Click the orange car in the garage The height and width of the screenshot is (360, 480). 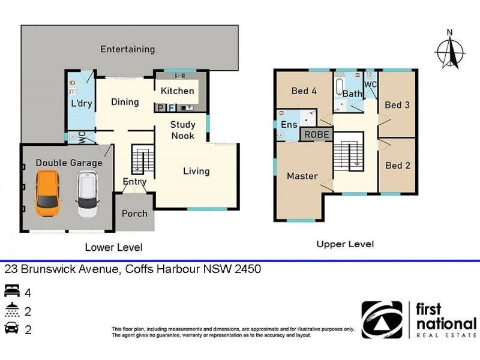[48, 194]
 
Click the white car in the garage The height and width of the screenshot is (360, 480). [88, 194]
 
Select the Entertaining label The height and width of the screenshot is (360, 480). [127, 49]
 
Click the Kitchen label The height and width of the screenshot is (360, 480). [178, 91]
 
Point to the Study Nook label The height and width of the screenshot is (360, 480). [182, 130]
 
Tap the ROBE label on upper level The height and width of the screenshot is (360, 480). [316, 134]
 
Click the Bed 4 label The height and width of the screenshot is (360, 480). [304, 91]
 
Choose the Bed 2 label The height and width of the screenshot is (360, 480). [397, 166]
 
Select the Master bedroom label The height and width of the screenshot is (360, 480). [302, 176]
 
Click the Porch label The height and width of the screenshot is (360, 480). [134, 214]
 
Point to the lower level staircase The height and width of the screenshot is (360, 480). [139, 160]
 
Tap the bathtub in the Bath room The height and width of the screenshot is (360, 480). [339, 88]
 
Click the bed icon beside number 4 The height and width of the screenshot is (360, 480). [11, 292]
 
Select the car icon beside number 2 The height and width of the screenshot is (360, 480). [11, 329]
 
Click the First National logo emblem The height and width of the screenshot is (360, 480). [382, 320]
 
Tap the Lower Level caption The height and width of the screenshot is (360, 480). [113, 247]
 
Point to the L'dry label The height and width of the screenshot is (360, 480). [81, 103]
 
